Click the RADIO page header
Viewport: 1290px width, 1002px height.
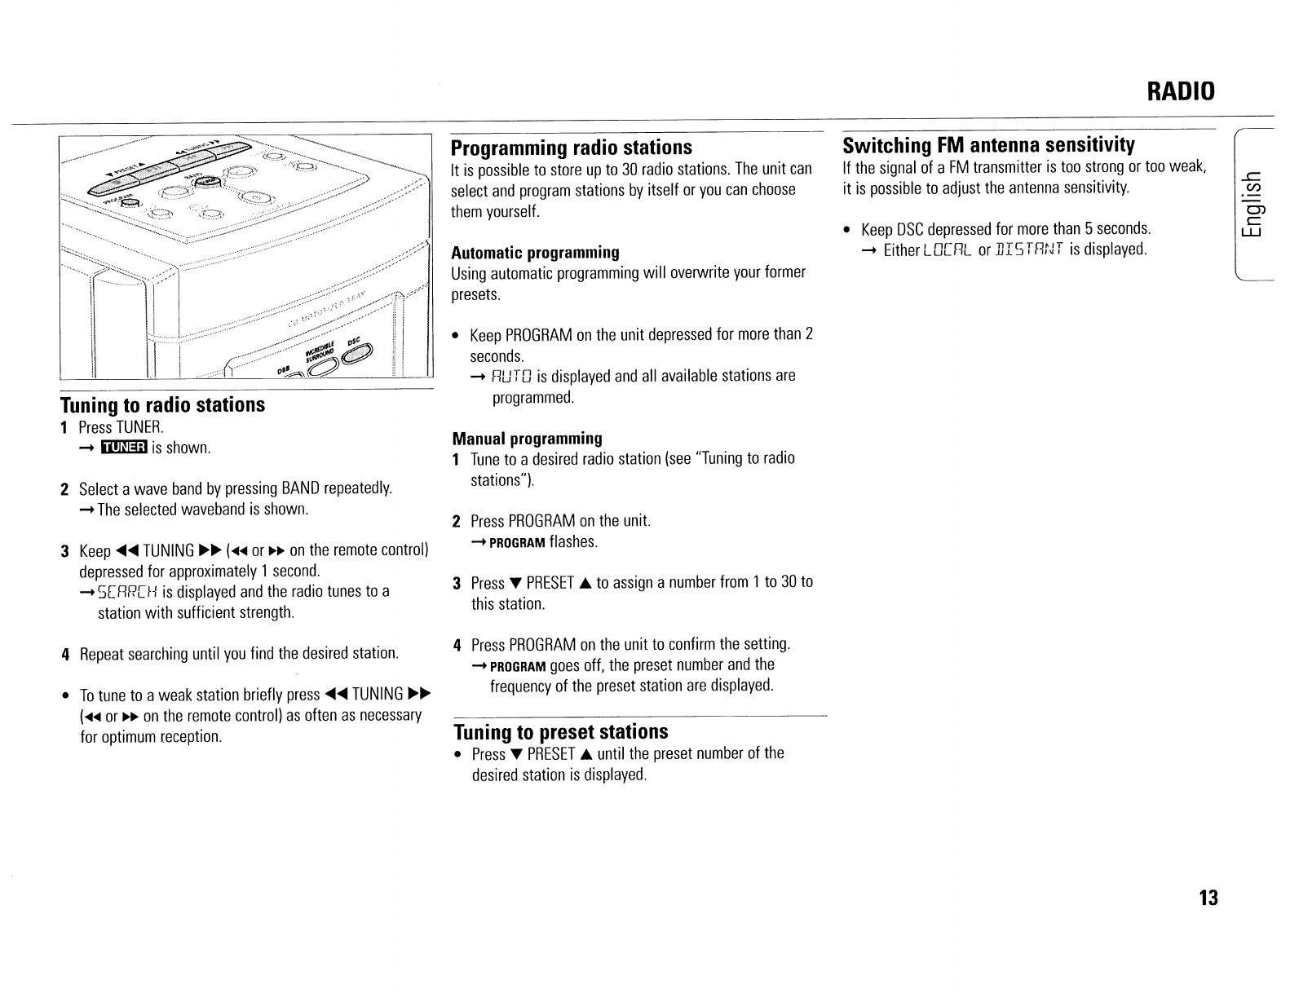1180,90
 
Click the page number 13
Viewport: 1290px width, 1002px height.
1208,898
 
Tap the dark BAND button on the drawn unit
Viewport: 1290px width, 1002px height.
208,181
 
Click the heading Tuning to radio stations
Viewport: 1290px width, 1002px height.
163,405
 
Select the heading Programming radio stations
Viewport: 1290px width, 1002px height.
571,148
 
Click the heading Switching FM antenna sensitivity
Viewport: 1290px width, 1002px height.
988,145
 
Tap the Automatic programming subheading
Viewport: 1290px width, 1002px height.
535,252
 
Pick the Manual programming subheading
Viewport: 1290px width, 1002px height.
527,438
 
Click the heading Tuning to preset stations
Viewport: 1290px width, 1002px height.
561,731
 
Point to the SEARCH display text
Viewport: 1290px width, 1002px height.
127,592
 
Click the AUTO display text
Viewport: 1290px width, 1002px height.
512,377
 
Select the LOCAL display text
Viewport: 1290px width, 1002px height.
948,250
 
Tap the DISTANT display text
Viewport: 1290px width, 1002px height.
1030,250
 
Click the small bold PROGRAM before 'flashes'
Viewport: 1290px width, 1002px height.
517,543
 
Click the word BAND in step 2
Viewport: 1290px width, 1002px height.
300,488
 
